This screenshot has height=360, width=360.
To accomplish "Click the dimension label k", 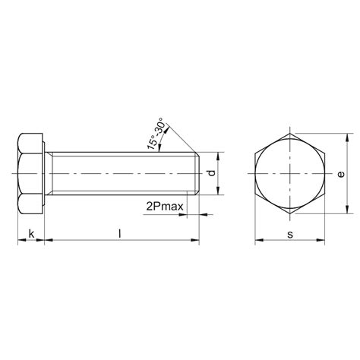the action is click(x=31, y=234).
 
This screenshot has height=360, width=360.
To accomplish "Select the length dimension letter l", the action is click(x=120, y=233).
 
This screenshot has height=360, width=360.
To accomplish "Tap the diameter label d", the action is click(x=212, y=173).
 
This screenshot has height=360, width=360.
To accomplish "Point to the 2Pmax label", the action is click(x=165, y=207).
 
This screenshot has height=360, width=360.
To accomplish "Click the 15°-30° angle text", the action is click(x=156, y=134).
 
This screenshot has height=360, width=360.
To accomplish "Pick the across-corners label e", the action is click(x=341, y=174).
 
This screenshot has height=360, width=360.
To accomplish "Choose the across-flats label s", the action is click(x=290, y=235).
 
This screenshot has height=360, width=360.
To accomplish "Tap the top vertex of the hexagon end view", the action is click(x=290, y=134).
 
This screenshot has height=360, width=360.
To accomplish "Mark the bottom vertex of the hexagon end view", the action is click(x=290, y=213).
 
